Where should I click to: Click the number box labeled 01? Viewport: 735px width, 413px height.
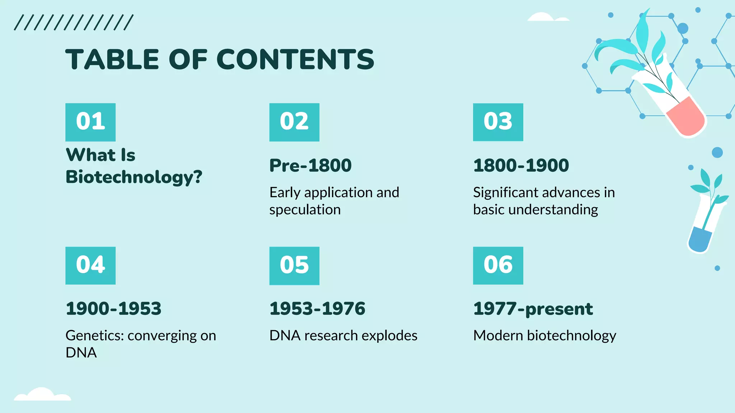[x=90, y=122]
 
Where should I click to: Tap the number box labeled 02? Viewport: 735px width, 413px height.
[x=294, y=122]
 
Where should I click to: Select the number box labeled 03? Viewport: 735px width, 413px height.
[x=498, y=122]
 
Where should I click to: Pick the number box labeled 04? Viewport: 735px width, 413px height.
[x=90, y=265]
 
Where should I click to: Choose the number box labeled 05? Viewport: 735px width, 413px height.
[x=294, y=265]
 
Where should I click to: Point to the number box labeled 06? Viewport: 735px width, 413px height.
[x=498, y=265]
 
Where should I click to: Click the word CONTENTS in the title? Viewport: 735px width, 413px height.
[x=295, y=60]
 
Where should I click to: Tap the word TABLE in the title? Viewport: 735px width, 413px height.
[x=112, y=60]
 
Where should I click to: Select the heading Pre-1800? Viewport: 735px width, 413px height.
[x=310, y=165]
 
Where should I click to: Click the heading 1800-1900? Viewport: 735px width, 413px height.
[x=521, y=165]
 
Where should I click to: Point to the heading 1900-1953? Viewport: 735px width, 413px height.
[x=113, y=309]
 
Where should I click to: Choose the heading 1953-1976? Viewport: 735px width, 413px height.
[x=317, y=309]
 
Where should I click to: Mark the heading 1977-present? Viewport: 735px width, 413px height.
[x=533, y=309]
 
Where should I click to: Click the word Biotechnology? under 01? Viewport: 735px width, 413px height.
[x=134, y=177]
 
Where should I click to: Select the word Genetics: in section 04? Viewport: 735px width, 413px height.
[x=95, y=336]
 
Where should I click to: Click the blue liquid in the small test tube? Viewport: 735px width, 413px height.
[x=699, y=239]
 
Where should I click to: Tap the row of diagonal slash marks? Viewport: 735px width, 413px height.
[x=74, y=23]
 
